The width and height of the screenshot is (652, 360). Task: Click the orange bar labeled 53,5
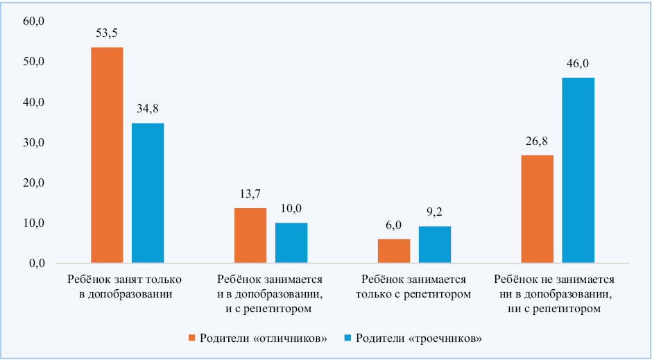click(107, 155)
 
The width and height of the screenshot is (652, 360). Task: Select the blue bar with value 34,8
click(148, 194)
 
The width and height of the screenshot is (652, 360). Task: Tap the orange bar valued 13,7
click(250, 236)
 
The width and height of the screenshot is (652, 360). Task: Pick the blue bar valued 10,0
click(291, 243)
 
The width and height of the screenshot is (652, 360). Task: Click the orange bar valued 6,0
click(394, 251)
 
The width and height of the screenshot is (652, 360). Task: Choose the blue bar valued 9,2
click(435, 245)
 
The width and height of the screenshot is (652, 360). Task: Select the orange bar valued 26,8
click(538, 209)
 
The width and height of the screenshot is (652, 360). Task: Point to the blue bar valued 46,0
click(578, 171)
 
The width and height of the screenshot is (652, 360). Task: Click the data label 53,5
click(107, 33)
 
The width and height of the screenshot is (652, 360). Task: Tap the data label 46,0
click(578, 63)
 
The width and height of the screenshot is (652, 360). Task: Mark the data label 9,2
click(435, 212)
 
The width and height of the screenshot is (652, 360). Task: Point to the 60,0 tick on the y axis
click(34, 22)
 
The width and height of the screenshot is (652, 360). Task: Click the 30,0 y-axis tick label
click(34, 143)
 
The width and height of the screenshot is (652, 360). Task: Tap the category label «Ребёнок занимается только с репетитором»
click(413, 286)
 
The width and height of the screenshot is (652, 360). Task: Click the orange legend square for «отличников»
click(193, 338)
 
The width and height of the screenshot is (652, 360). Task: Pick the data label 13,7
click(250, 194)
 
